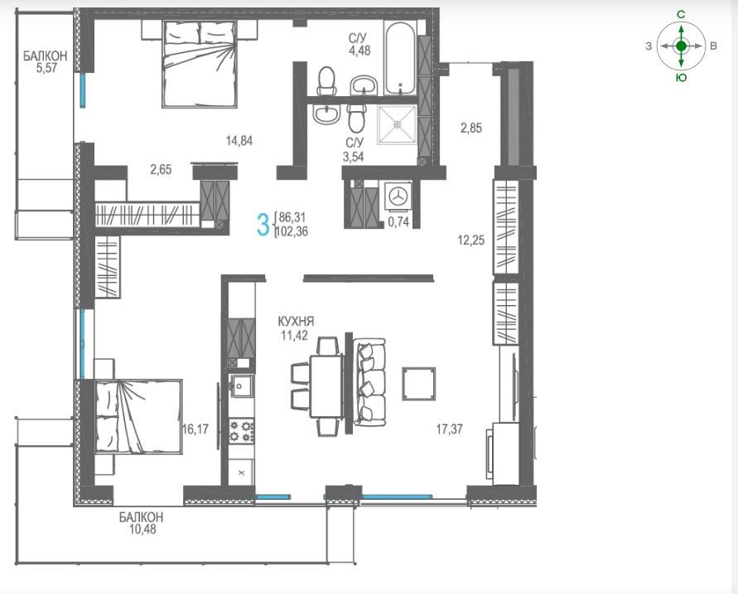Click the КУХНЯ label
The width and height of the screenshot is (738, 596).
click(x=296, y=322)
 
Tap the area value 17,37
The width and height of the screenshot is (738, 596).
click(x=449, y=429)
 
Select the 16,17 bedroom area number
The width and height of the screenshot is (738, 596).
click(x=195, y=429)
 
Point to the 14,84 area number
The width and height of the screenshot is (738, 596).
click(x=239, y=140)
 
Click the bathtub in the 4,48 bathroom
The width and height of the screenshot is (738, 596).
click(x=399, y=57)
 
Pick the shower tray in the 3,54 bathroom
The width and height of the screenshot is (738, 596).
click(x=398, y=124)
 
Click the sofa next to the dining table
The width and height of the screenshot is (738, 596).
click(x=370, y=383)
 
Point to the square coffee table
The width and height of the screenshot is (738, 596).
click(x=418, y=384)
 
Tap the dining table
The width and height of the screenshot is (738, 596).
click(x=326, y=386)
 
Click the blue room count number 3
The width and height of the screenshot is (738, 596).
click(x=263, y=225)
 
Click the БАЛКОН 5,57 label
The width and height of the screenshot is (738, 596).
click(x=46, y=61)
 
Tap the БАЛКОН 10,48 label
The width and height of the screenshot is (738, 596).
click(x=141, y=523)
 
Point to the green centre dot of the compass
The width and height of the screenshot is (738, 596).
click(x=681, y=46)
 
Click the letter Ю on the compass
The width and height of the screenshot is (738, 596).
click(x=681, y=78)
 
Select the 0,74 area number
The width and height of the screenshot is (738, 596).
click(x=398, y=222)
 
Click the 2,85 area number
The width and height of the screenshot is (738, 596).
click(x=471, y=128)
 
